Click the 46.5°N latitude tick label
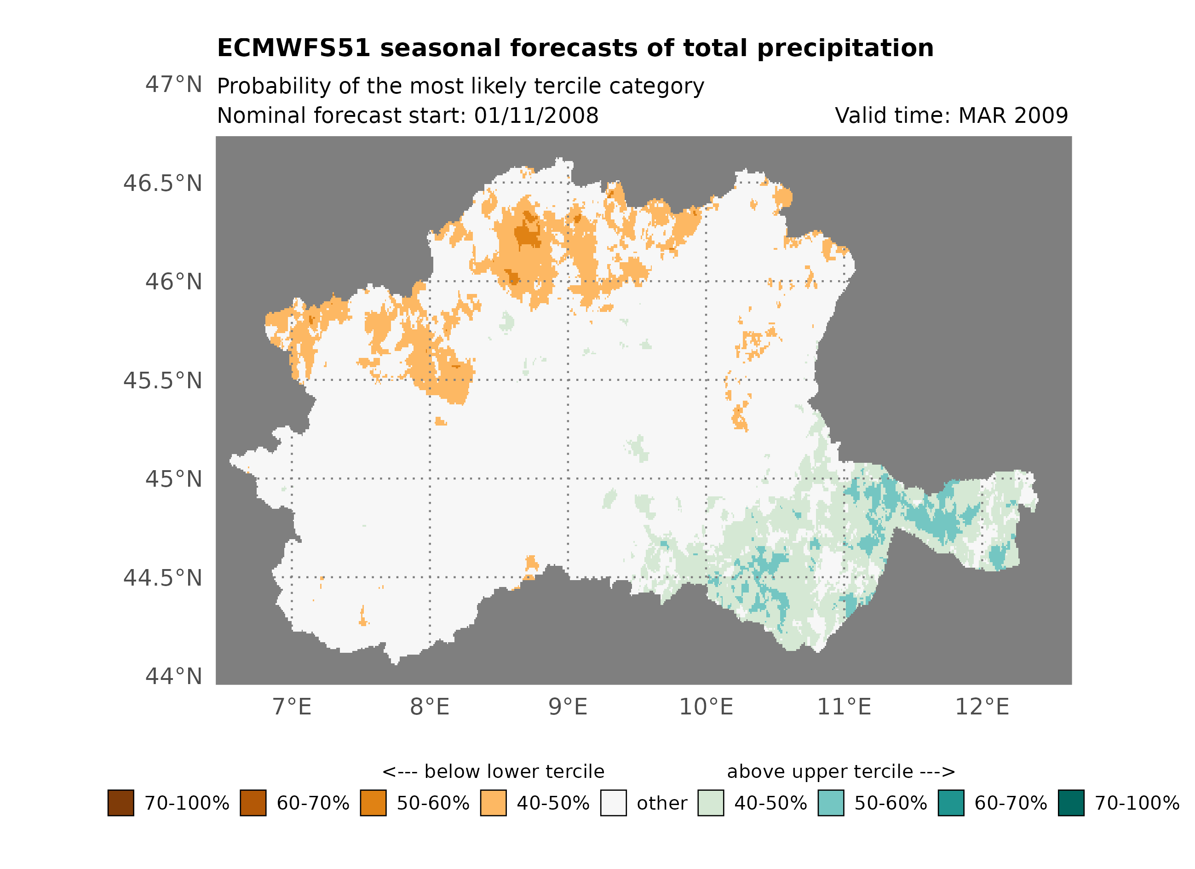[162, 184]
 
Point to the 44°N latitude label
[173, 677]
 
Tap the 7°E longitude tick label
[292, 707]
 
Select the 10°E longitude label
[706, 707]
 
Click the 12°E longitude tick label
[982, 707]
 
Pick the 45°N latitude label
[173, 479]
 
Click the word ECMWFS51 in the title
[293, 48]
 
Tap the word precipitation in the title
[845, 48]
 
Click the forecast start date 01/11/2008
[536, 116]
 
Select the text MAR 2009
[1013, 116]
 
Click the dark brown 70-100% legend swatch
[121, 803]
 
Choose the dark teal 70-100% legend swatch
[1071, 803]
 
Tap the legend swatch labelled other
[613, 803]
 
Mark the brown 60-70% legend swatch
[253, 803]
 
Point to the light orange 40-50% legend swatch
[493, 803]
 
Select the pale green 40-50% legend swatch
[710, 803]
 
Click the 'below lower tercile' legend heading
[493, 772]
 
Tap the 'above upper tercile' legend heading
[841, 772]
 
